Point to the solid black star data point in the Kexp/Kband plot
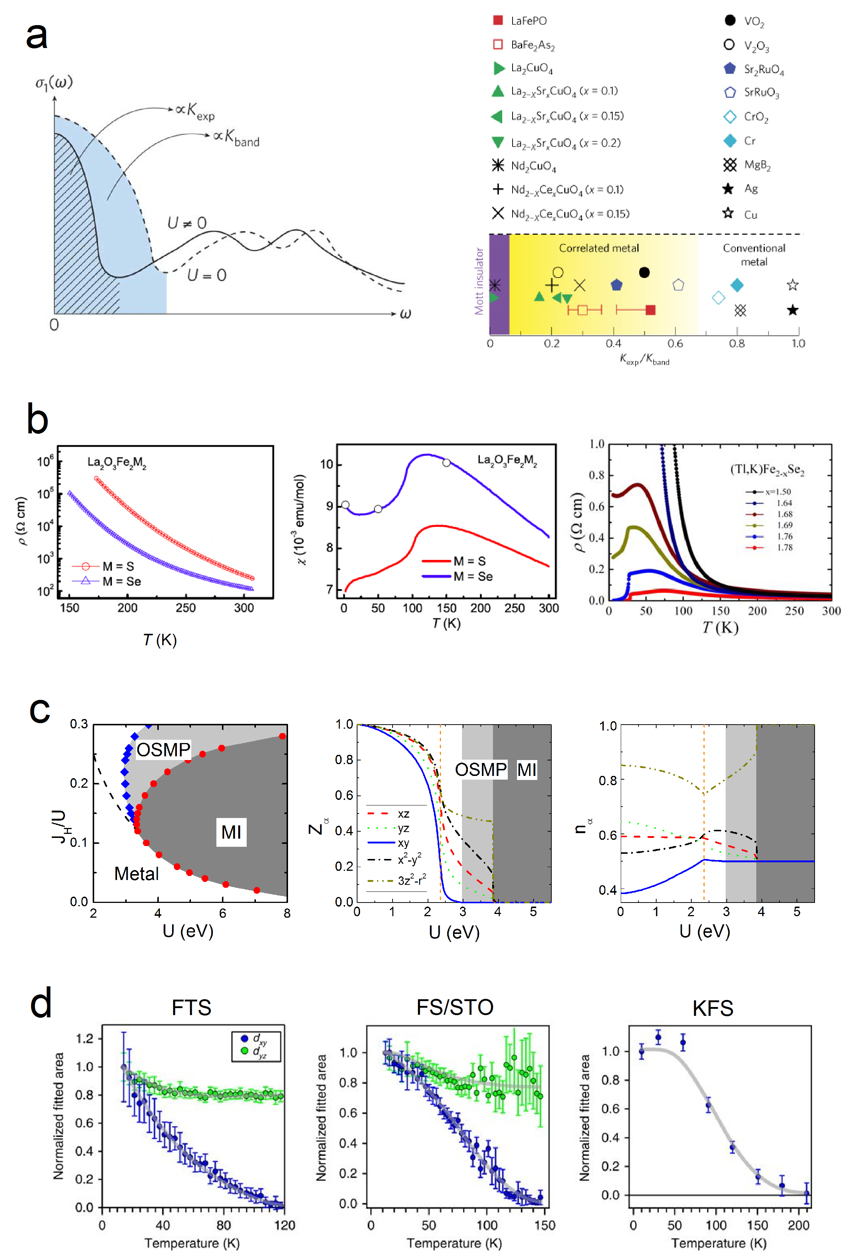pyautogui.click(x=792, y=310)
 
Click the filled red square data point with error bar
pyautogui.click(x=651, y=310)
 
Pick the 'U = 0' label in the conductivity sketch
pyautogui.click(x=206, y=275)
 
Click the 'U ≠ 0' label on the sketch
pyautogui.click(x=187, y=223)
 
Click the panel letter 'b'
pyautogui.click(x=37, y=419)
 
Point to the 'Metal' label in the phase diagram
pyautogui.click(x=136, y=874)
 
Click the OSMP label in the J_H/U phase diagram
pyautogui.click(x=163, y=750)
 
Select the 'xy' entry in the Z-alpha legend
pyautogui.click(x=403, y=843)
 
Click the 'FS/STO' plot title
pyautogui.click(x=455, y=1007)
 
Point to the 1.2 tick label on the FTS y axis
pyautogui.click(x=85, y=1038)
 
